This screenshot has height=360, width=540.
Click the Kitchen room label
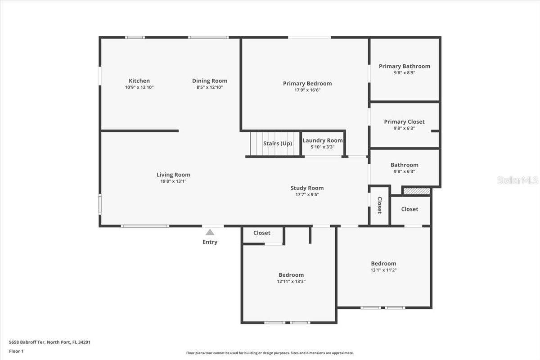coord(139,81)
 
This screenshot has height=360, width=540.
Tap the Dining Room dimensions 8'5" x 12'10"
coord(210,87)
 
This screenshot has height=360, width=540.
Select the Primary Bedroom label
coord(307,83)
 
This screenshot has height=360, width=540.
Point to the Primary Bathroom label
coord(405,66)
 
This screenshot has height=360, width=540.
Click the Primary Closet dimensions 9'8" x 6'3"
coord(404,128)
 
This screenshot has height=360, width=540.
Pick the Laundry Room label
coord(323,140)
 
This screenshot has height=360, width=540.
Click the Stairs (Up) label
coord(278,144)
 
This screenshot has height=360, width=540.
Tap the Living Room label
coord(173,175)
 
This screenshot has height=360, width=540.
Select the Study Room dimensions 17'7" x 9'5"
coord(307,194)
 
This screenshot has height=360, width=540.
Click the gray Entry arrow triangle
coord(210,232)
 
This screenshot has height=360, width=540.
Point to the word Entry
coord(210,242)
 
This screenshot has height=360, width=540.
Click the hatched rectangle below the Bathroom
coord(417,191)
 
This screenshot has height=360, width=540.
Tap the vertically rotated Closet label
coord(379,205)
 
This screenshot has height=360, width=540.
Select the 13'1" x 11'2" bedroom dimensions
coord(383,270)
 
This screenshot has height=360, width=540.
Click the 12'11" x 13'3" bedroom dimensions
coord(291,281)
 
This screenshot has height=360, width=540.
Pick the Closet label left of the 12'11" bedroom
coord(262,233)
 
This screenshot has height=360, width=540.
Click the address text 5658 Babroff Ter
coord(27,342)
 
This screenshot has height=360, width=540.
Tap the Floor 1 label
coord(16,351)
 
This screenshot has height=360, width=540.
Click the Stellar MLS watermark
coord(517,180)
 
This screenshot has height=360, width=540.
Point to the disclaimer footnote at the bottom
coord(270,353)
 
